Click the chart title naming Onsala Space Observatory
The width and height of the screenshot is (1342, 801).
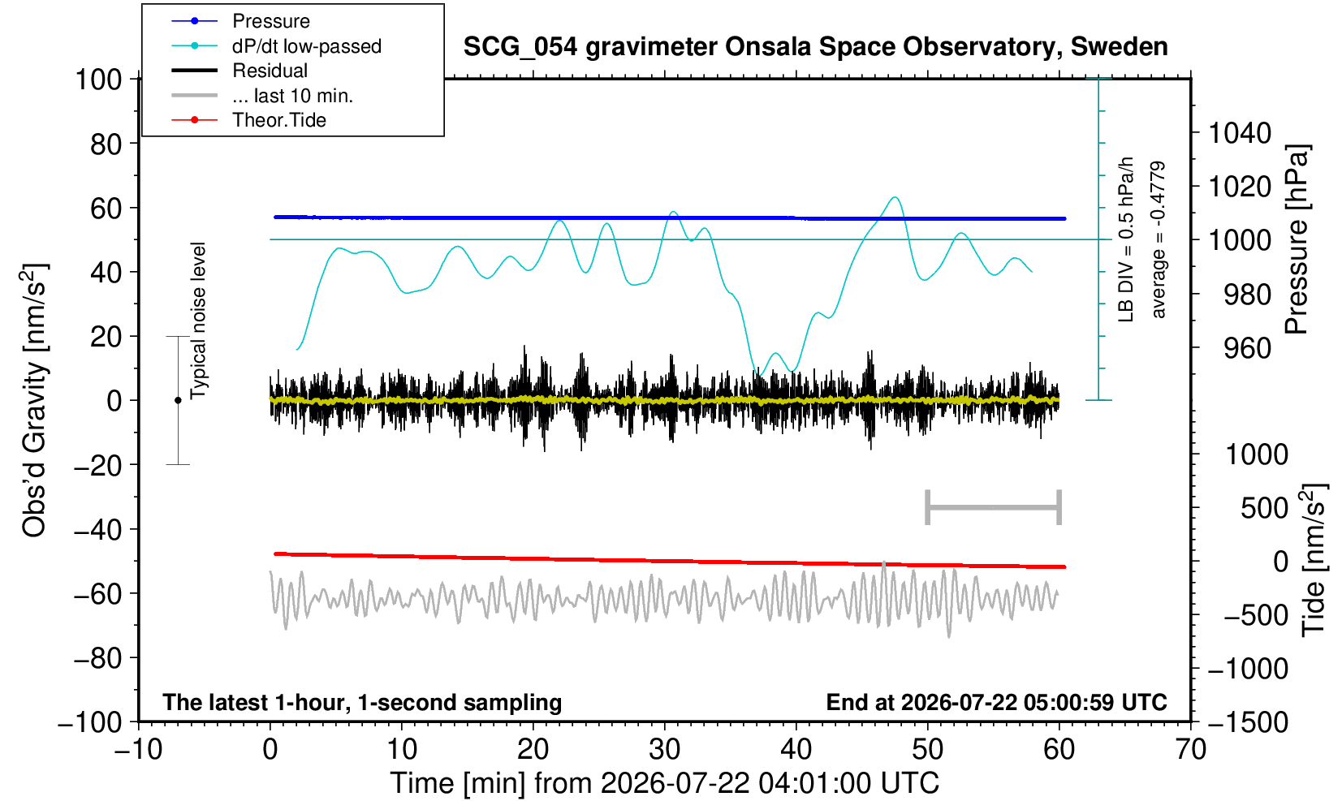coord(815,47)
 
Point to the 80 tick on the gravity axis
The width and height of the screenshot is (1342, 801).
coord(106,144)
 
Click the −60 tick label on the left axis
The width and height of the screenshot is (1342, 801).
coord(97,594)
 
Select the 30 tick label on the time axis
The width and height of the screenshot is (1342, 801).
coord(664,750)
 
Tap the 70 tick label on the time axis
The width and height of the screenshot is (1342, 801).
coord(1190,750)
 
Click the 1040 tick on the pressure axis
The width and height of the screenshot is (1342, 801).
coord(1240,133)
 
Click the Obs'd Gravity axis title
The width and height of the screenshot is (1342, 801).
coord(35,400)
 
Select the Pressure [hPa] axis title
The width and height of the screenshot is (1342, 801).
coord(1298,239)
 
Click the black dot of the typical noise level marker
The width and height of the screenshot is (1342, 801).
coord(178,400)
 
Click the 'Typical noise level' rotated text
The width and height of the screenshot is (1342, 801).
coord(198,321)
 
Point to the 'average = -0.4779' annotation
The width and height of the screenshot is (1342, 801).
coord(1158,239)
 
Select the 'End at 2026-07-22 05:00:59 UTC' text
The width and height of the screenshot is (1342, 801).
coord(996,702)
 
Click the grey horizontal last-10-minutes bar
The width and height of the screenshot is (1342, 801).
coord(994,507)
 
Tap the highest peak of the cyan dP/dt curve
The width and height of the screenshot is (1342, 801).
coord(895,197)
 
